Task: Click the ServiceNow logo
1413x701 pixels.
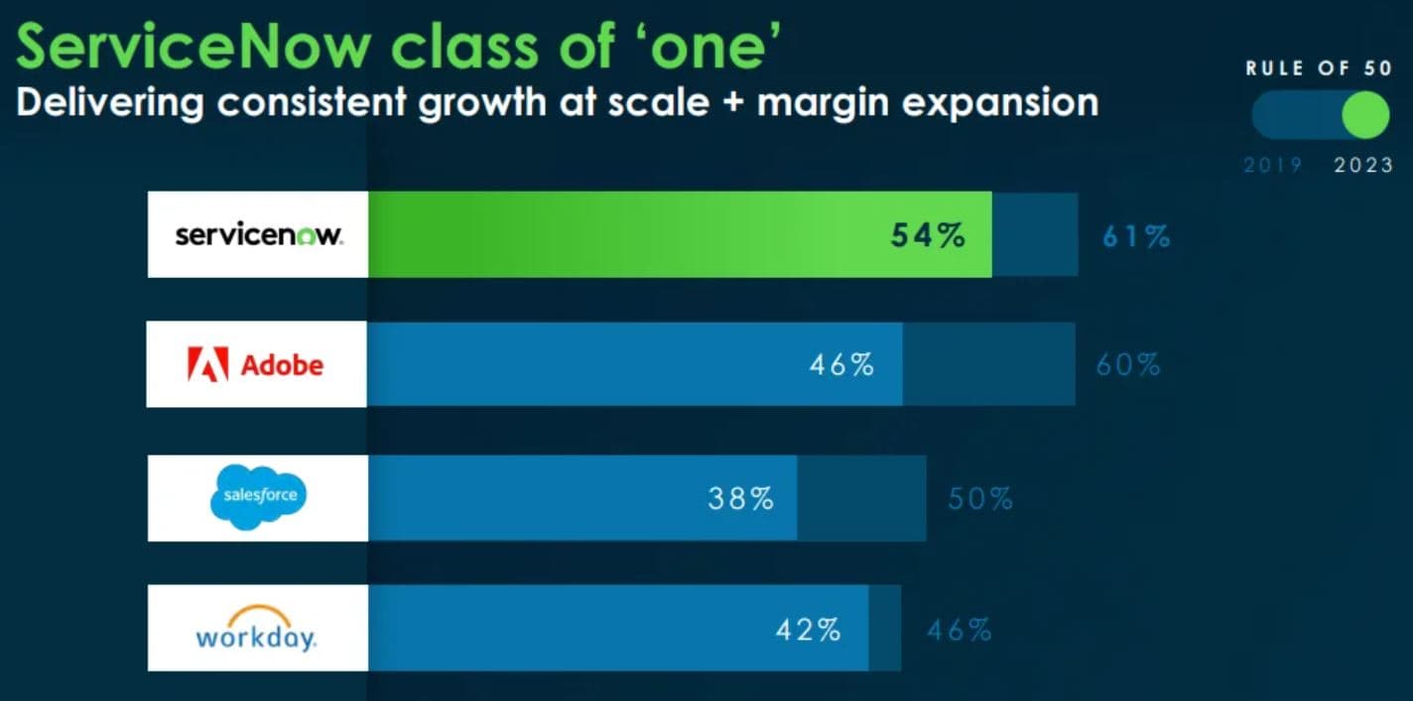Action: [x=258, y=236]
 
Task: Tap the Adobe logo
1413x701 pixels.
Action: [x=256, y=364]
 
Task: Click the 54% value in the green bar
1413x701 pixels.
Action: [x=927, y=236]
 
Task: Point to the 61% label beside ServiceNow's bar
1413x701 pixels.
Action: [x=1136, y=236]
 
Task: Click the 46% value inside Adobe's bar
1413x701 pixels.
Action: [x=841, y=364]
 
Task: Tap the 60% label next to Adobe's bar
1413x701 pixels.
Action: [x=1128, y=364]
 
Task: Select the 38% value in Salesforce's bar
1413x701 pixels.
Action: [x=740, y=497]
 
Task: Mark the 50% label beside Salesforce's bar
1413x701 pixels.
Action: [x=980, y=497]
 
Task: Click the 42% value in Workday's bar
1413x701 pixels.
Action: [x=808, y=629]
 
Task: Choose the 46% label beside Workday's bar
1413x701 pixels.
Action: [x=959, y=629]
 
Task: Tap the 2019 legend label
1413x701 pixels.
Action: [x=1273, y=166]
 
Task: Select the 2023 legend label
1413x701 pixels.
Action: [x=1363, y=166]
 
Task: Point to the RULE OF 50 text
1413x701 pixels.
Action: [x=1319, y=69]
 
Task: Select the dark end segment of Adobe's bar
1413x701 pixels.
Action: [x=988, y=364]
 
